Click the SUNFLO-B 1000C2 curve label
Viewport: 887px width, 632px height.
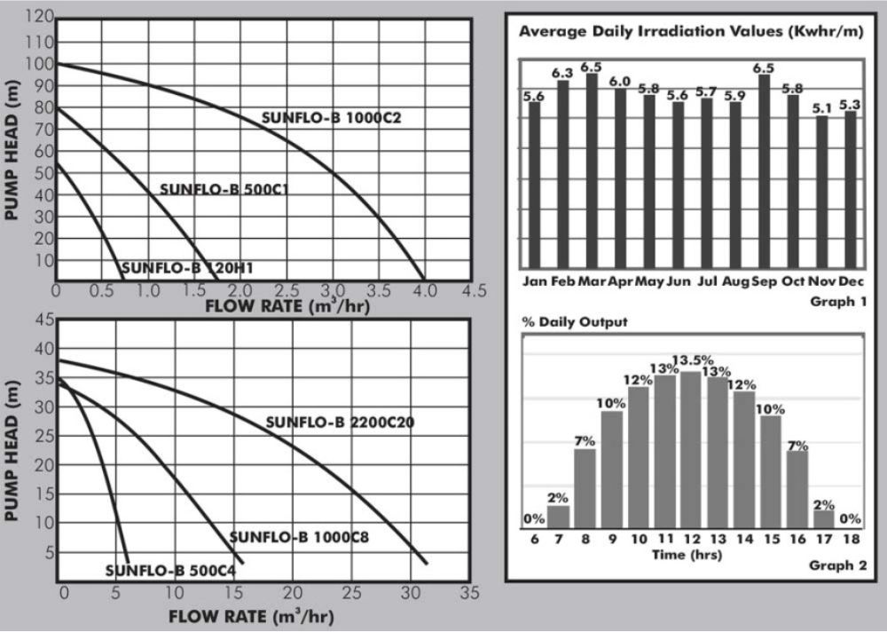327,117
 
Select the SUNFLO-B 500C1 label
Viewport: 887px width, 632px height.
225,189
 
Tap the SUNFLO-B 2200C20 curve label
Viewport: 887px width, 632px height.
340,423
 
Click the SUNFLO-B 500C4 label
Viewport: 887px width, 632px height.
170,571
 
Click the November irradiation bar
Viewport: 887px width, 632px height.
822,191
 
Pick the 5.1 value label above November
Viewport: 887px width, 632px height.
822,109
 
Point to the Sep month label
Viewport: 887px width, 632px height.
764,281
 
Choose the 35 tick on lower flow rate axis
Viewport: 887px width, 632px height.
468,592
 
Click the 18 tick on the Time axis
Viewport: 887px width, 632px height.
849,540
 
